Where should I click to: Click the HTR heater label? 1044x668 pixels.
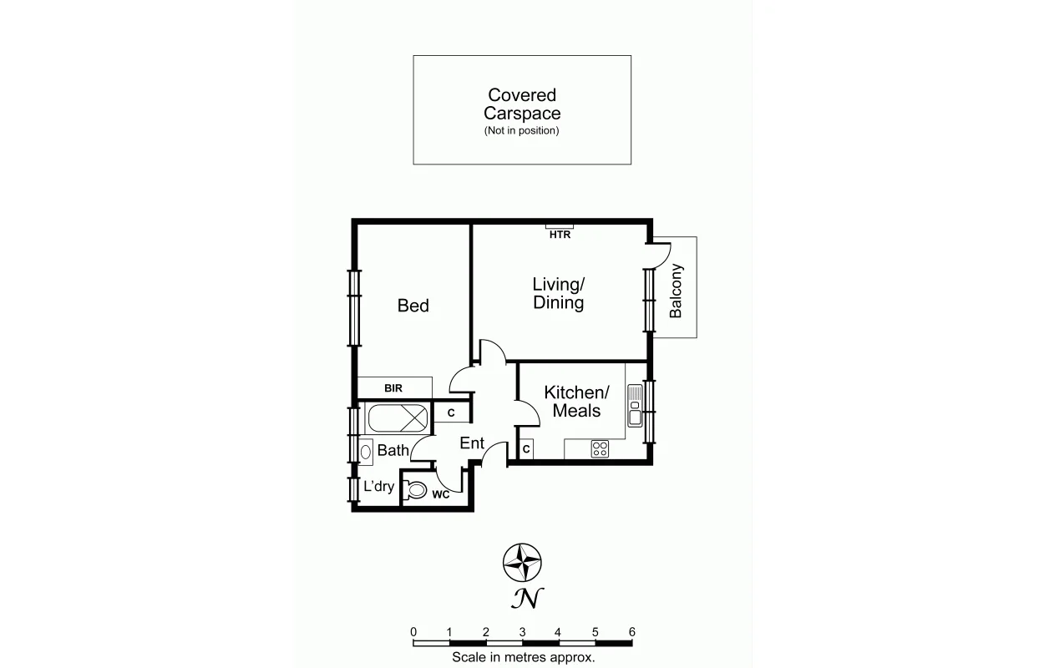560,235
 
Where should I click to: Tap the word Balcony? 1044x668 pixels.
676,291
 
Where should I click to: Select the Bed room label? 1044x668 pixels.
413,306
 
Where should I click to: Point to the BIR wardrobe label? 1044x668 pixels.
393,388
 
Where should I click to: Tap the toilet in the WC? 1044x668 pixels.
417,490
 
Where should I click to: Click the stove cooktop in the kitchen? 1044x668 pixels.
600,449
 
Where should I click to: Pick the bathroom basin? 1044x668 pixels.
366,451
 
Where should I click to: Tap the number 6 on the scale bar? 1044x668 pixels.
631,632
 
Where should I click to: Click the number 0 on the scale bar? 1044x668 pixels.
413,632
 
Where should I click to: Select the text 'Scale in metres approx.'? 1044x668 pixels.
523,657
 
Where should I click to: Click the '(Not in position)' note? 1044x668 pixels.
522,131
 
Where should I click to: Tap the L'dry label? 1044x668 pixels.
378,487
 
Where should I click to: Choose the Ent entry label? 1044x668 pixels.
472,443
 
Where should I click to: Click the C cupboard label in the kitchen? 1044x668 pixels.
526,449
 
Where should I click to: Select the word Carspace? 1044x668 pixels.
522,114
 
